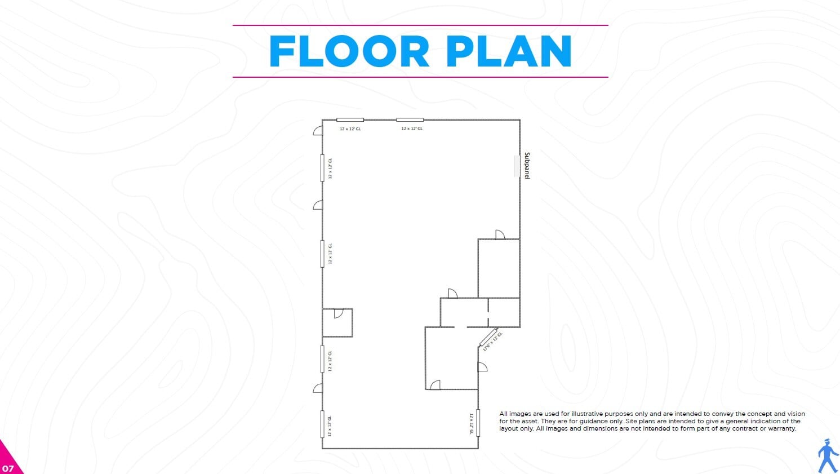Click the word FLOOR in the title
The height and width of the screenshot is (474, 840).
[x=349, y=51]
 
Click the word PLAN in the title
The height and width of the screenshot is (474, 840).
[x=509, y=51]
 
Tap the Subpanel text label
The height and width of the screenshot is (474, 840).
[x=527, y=166]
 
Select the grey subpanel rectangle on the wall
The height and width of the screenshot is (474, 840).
[x=517, y=166]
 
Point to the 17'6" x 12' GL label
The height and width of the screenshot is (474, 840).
[x=492, y=342]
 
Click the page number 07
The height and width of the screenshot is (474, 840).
[x=7, y=468]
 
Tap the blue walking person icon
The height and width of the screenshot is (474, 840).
[x=828, y=455]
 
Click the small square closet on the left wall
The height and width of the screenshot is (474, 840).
[x=337, y=323]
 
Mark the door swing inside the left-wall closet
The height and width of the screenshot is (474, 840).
[x=339, y=313]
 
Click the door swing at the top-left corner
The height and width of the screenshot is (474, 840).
[x=318, y=131]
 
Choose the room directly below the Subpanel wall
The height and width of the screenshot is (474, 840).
[x=499, y=268]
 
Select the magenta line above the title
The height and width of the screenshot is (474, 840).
[x=420, y=25]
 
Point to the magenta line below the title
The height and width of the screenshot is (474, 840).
[x=420, y=77]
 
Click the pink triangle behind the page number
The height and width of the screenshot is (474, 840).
[x=8, y=459]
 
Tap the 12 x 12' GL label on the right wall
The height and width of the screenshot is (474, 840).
[x=472, y=423]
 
